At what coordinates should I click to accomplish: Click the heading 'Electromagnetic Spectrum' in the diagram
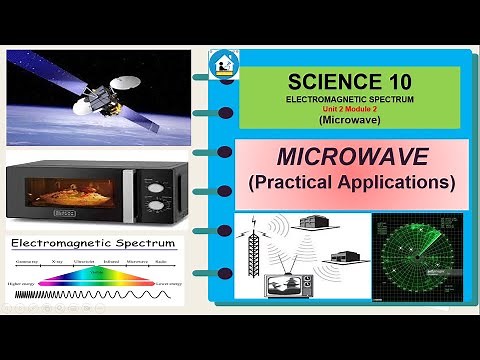[x=92, y=244]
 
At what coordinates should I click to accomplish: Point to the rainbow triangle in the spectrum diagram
[x=100, y=275]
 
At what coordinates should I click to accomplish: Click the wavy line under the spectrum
[x=100, y=297]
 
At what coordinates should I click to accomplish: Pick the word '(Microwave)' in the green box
[x=342, y=121]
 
